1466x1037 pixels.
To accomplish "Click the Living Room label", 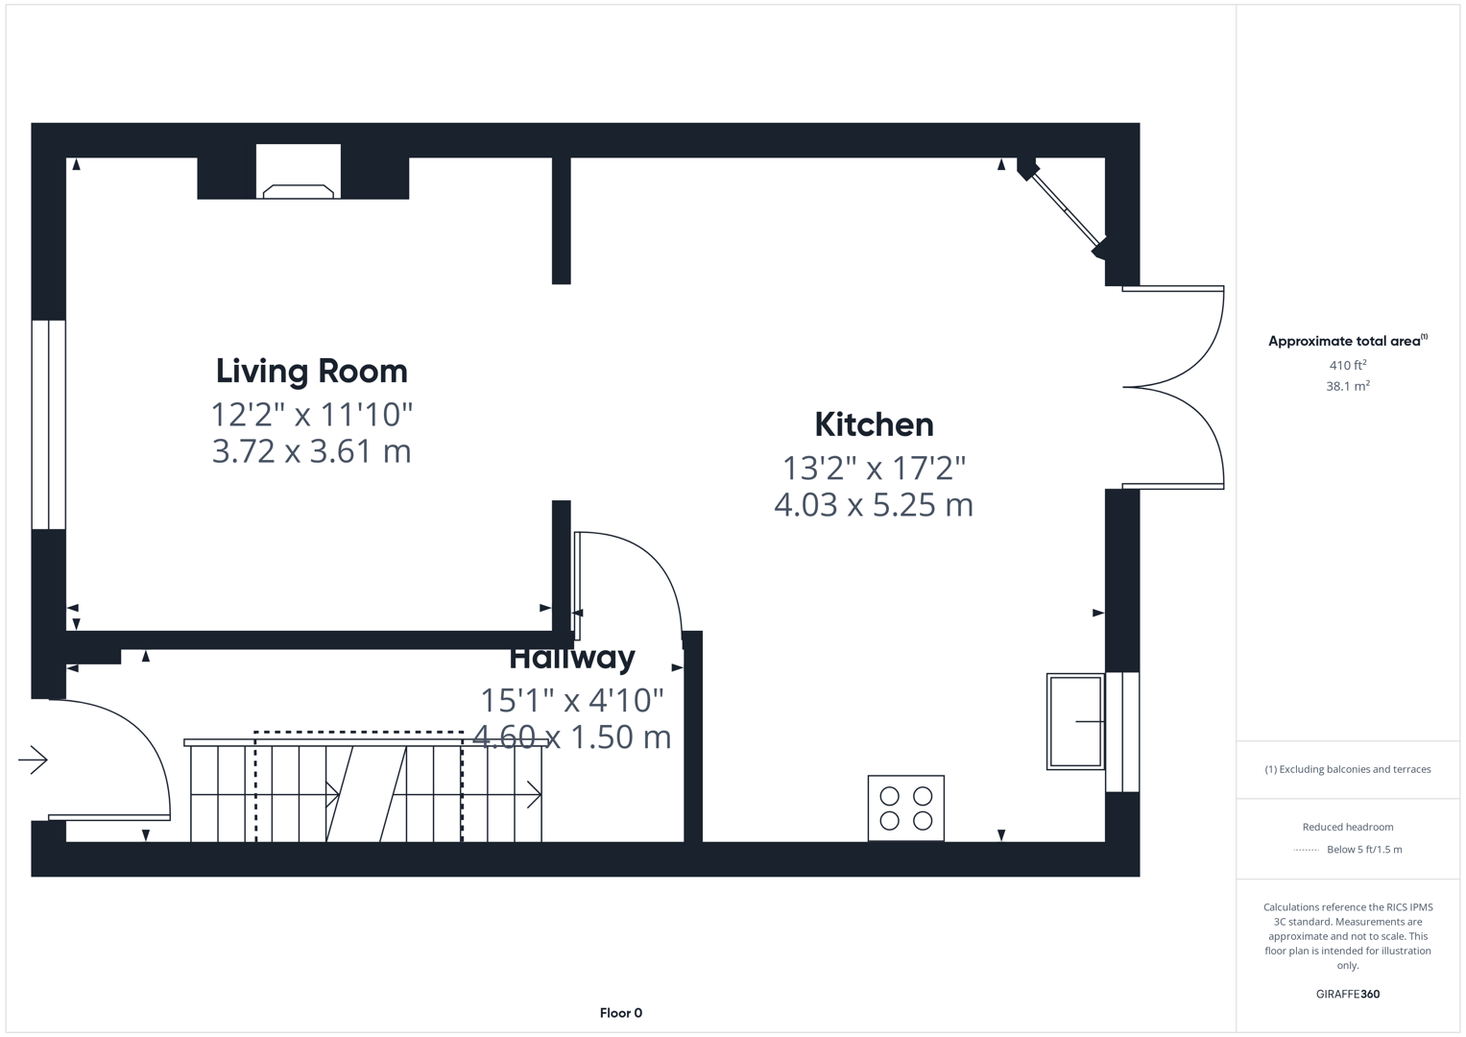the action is point(311,371).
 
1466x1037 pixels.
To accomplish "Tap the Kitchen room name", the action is point(874,424).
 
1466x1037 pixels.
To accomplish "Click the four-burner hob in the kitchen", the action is point(905,808).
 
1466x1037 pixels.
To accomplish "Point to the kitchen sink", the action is point(1075,721).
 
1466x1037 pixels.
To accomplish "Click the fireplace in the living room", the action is point(299,172).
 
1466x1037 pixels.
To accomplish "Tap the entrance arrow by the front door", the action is point(33,760).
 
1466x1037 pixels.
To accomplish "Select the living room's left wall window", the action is point(48,424).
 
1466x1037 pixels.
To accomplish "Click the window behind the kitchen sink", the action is point(1122,732).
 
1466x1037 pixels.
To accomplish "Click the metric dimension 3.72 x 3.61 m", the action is point(311,451).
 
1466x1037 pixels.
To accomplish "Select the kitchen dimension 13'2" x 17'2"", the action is point(874,469).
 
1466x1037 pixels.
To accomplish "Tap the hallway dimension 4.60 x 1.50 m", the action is point(572,736).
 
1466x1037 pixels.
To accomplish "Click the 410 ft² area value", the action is point(1348,365).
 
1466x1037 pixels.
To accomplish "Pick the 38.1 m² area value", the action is point(1348,386).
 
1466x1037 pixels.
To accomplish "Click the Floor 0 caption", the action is point(621,1013).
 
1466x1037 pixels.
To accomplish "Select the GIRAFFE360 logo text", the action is point(1348,994).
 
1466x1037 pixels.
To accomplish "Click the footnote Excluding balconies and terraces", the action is point(1348,769).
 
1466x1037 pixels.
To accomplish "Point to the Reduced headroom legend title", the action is point(1348,827).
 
